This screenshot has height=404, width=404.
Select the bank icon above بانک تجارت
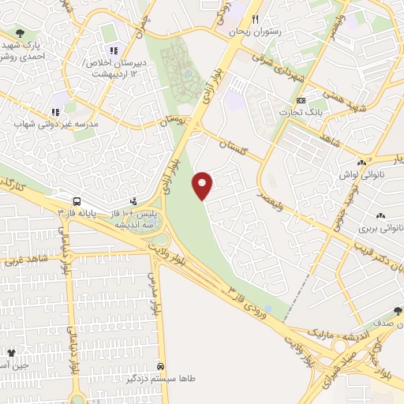coord(301,101)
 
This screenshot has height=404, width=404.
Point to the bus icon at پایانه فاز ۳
coord(77,200)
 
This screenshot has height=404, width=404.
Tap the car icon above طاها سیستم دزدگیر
coord(161,367)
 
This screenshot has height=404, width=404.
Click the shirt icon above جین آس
coord(11,353)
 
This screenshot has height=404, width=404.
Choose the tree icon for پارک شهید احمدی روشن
coord(20,33)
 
